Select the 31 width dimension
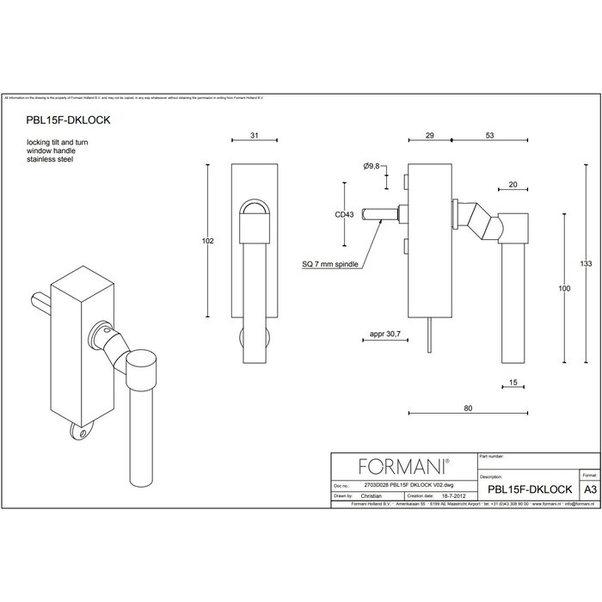(x=255, y=136)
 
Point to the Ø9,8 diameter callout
(x=372, y=165)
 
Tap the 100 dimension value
(x=563, y=290)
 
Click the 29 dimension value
(x=429, y=136)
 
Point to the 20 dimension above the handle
(x=513, y=184)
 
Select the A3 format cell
(x=589, y=487)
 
